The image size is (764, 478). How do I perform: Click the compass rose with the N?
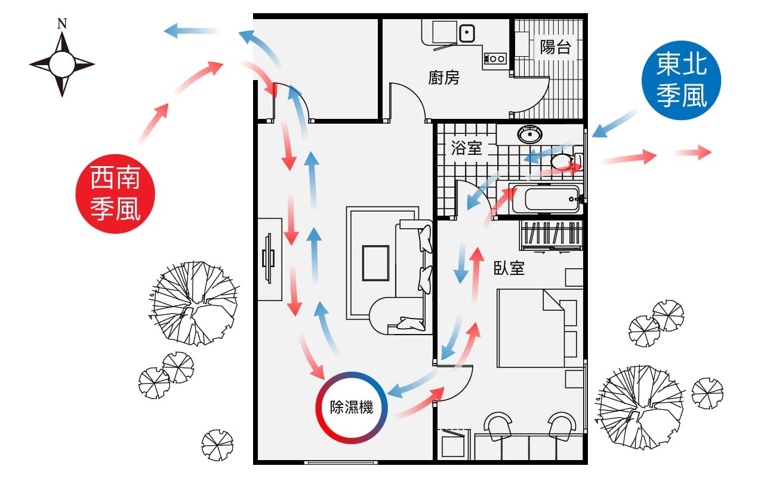61,63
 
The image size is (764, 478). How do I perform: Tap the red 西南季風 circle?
115,194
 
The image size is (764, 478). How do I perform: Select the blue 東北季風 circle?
681,81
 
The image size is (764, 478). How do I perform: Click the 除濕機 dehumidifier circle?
352,408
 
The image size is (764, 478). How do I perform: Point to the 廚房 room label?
443,78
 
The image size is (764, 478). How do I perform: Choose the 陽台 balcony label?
555,48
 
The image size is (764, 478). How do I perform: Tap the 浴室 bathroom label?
466,148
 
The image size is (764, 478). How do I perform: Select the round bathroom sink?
529,135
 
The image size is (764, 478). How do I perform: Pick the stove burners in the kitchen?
496,59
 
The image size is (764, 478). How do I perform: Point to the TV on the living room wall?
269,259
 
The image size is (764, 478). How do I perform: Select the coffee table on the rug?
375,263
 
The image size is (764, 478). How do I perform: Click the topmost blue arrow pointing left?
191,30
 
